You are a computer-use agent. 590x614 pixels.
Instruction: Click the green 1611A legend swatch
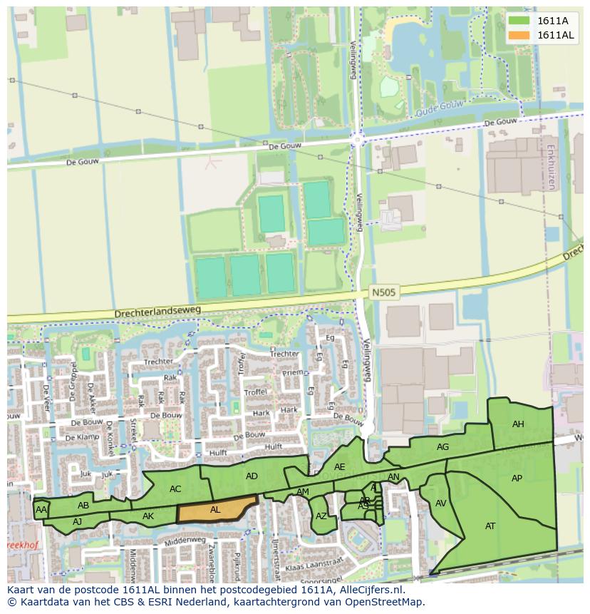click(520, 21)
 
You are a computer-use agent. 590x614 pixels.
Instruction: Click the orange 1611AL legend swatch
click(520, 36)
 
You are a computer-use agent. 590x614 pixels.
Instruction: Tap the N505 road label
click(383, 292)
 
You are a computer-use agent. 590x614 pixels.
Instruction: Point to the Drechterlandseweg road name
click(158, 312)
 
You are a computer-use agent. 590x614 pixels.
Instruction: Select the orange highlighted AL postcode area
click(216, 510)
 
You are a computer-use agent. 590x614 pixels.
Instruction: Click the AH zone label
click(518, 424)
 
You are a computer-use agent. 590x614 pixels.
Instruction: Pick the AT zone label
click(490, 526)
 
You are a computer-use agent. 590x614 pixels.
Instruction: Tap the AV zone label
click(440, 503)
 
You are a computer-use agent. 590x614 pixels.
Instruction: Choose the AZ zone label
click(321, 516)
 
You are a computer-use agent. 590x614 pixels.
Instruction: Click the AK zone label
click(148, 516)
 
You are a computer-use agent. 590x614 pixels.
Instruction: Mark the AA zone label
click(41, 510)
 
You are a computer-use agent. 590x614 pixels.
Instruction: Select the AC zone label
click(175, 489)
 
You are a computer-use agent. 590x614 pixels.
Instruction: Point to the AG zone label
click(442, 447)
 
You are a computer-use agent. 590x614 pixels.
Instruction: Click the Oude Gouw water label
click(439, 106)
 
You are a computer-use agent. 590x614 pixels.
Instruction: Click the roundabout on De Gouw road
click(358, 139)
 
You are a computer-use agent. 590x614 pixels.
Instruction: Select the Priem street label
click(293, 372)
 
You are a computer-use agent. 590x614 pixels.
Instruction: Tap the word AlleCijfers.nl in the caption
click(369, 590)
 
